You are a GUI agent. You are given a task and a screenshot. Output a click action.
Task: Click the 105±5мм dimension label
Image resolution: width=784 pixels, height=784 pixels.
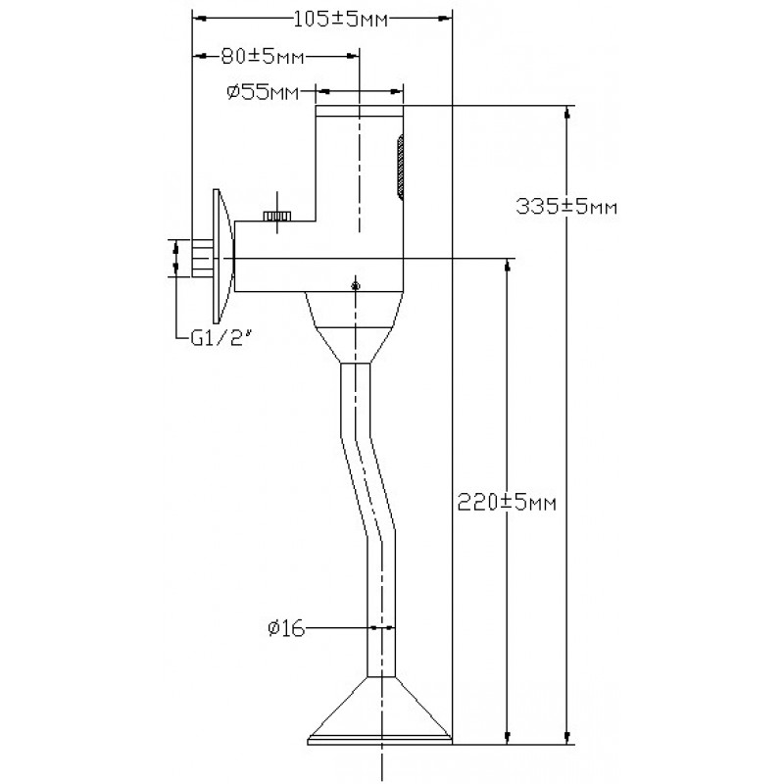pos(340,20)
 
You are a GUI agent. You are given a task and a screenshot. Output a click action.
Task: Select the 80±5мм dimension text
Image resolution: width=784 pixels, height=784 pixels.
pos(263,57)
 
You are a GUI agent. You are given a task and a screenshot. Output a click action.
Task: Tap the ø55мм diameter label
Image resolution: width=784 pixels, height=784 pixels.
pos(263,92)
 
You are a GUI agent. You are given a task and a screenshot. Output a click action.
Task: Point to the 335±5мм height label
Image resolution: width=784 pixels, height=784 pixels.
pos(566,207)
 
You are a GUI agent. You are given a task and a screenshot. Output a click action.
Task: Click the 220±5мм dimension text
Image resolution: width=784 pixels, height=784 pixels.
pos(507,503)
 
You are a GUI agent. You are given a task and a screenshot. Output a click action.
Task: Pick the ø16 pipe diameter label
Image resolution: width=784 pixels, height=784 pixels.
pos(286,628)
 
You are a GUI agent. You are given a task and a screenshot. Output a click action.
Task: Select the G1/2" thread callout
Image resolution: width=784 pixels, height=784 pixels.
pos(220,339)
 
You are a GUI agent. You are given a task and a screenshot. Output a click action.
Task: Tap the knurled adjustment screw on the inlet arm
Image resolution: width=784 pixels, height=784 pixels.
pos(277,216)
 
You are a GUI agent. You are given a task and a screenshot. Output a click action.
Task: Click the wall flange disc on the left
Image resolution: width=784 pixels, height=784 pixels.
pos(221,256)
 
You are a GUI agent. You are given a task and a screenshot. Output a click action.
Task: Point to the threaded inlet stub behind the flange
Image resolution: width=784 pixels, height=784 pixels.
pos(203,259)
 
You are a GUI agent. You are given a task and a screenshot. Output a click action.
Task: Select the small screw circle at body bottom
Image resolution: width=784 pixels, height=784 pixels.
pos(356,286)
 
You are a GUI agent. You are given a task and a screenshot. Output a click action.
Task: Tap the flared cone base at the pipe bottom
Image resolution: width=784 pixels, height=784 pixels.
pos(381,711)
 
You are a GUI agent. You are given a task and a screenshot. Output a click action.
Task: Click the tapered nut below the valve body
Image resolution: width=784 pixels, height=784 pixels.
pos(355,327)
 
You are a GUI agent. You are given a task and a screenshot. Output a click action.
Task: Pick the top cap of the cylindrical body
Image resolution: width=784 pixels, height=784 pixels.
pos(359,111)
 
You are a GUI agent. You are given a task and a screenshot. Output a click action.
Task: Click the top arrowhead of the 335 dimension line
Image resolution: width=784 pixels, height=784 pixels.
pos(566,113)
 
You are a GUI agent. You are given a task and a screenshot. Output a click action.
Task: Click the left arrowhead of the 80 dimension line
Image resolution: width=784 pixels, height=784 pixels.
pos(200,57)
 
